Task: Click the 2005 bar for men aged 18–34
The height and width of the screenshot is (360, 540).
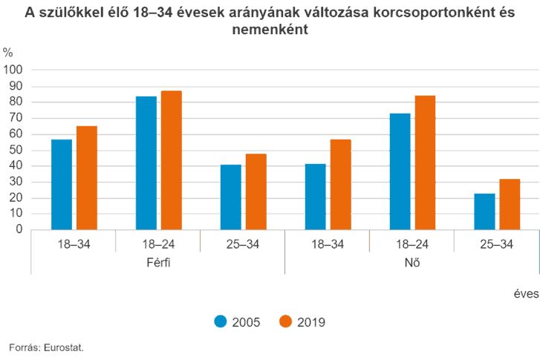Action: pyautogui.click(x=62, y=185)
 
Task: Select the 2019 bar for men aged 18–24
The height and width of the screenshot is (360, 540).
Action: pyautogui.click(x=172, y=160)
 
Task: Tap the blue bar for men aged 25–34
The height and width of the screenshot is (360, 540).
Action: pyautogui.click(x=231, y=197)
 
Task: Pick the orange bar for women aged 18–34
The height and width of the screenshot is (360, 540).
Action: pyautogui.click(x=341, y=185)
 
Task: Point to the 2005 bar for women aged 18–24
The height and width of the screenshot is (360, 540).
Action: pyautogui.click(x=400, y=171)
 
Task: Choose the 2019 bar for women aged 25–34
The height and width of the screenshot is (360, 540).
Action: pyautogui.click(x=510, y=204)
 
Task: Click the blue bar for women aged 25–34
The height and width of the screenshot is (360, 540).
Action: pyautogui.click(x=484, y=212)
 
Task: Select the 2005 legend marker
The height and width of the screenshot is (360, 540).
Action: pyautogui.click(x=221, y=321)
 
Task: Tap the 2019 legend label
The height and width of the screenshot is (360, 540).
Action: pyautogui.click(x=311, y=322)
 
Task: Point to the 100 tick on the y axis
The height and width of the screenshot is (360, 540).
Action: pyautogui.click(x=13, y=70)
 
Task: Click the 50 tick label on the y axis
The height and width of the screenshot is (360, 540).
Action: pyautogui.click(x=16, y=150)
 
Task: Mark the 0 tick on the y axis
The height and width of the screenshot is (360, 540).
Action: pyautogui.click(x=19, y=229)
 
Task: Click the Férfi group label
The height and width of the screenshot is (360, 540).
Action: pyautogui.click(x=158, y=263)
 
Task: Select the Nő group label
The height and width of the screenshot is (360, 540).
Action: pyautogui.click(x=412, y=263)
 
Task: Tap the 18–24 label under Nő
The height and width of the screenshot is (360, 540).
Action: pyautogui.click(x=412, y=244)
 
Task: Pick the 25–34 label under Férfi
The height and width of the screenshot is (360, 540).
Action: pyautogui.click(x=243, y=244)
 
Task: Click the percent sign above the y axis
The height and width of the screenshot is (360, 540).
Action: pyautogui.click(x=8, y=53)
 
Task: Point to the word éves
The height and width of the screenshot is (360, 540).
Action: pyautogui.click(x=526, y=294)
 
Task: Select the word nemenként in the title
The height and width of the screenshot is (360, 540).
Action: pyautogui.click(x=270, y=29)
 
